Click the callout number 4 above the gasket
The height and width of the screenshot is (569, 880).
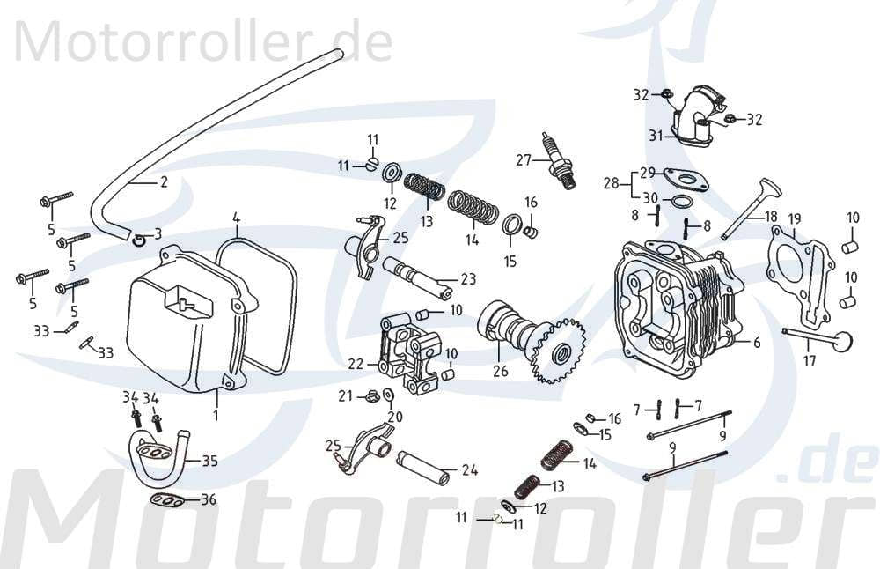point(236,217)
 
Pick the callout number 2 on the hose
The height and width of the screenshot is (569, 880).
point(163,183)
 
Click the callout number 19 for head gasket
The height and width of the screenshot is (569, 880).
point(795,219)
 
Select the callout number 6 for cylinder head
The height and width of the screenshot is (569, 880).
point(756,343)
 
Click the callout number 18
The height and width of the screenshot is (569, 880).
point(771,216)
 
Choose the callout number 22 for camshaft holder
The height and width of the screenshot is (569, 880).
point(356,364)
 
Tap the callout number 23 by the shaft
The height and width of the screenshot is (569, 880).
point(468,279)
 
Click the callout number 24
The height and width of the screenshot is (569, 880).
point(470,470)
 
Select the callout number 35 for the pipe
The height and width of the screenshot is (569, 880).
point(210,460)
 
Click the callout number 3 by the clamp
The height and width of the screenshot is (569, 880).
point(158,233)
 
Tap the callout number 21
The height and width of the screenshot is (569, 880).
point(346,395)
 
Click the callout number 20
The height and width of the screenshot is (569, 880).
point(395,417)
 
